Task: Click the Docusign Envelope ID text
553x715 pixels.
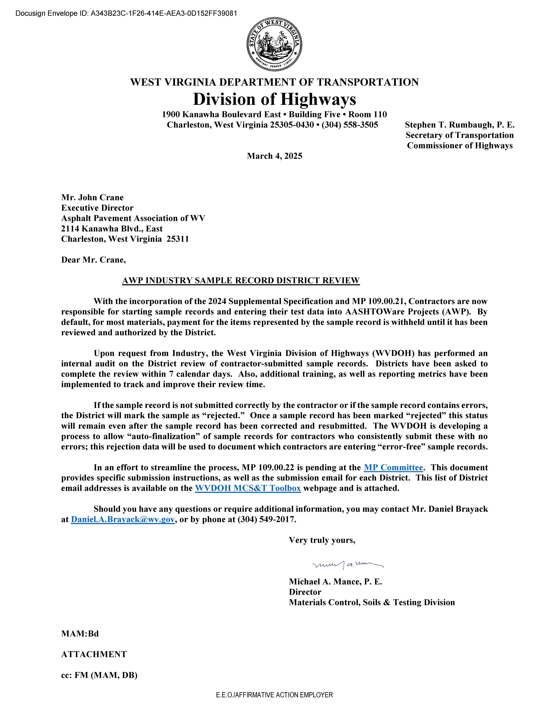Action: click(x=126, y=13)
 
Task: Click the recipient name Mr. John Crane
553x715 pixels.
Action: click(x=92, y=197)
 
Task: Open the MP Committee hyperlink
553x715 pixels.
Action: click(x=393, y=467)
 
